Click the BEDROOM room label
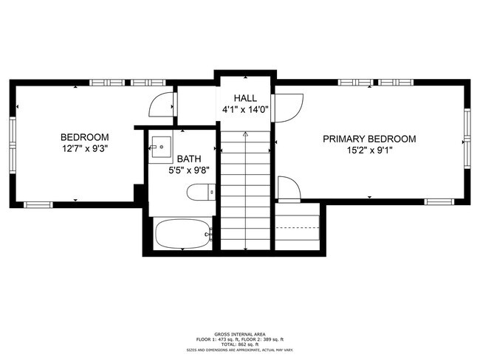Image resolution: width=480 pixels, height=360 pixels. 84,137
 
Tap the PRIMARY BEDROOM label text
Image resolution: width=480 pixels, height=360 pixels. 368,139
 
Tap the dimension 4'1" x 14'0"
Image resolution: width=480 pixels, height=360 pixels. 245,111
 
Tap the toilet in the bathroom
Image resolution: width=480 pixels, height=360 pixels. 200,193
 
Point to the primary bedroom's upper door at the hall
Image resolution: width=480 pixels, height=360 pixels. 285,107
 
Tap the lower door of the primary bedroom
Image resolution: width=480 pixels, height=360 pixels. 288,189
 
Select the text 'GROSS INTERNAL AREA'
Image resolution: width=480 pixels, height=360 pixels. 241,333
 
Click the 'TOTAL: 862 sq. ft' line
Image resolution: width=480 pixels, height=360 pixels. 241,344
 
